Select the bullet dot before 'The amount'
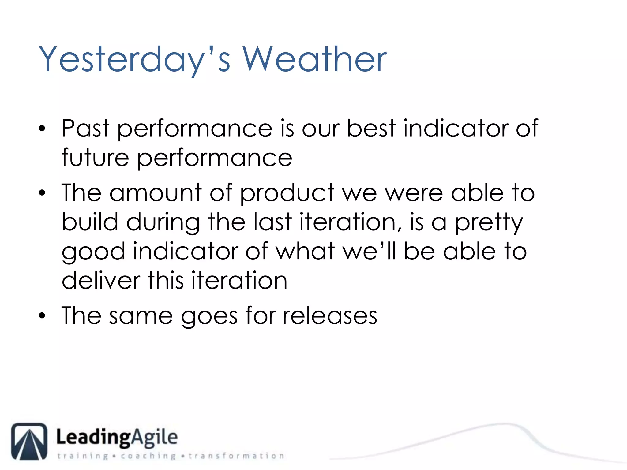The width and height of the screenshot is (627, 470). [x=42, y=193]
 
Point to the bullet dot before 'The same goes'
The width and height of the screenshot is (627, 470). [x=42, y=316]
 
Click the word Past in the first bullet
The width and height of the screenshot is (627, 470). [x=85, y=129]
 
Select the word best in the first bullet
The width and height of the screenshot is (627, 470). [x=371, y=129]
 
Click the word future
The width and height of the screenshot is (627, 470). [x=95, y=158]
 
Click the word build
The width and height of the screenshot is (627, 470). [x=90, y=222]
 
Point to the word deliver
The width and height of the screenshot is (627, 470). [x=101, y=281]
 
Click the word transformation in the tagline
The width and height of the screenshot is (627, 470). [x=236, y=456]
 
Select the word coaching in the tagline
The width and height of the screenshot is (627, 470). [x=148, y=456]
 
